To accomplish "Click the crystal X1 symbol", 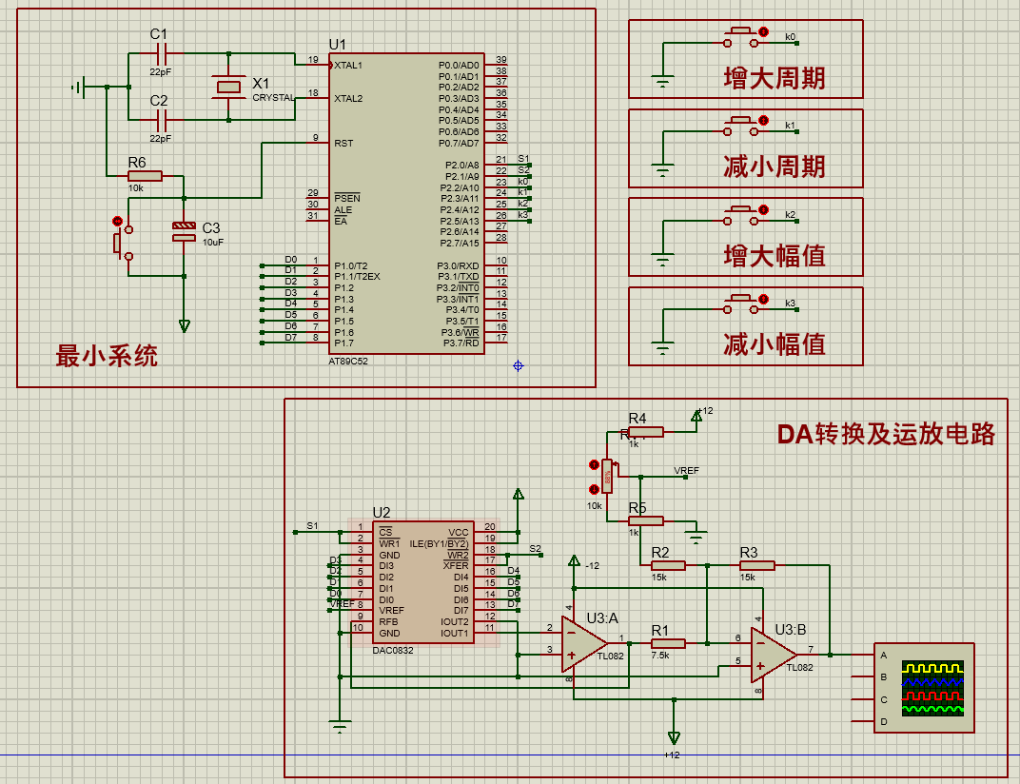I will click(x=228, y=87).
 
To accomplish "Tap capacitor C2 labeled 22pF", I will click(x=160, y=120).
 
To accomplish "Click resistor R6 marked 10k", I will click(x=146, y=176).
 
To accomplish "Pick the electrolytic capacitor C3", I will click(x=184, y=231).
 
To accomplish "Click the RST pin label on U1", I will click(x=343, y=144).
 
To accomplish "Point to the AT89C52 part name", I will click(x=348, y=363).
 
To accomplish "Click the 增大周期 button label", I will click(x=775, y=78).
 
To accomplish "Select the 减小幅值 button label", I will click(x=775, y=343).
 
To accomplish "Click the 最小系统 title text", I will click(x=107, y=357).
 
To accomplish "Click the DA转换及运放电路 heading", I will click(x=886, y=434).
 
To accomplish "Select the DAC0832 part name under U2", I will click(x=393, y=651).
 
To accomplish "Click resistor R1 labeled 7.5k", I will click(x=668, y=643).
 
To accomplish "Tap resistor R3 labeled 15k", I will click(x=757, y=565).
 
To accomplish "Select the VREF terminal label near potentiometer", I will click(x=686, y=471).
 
